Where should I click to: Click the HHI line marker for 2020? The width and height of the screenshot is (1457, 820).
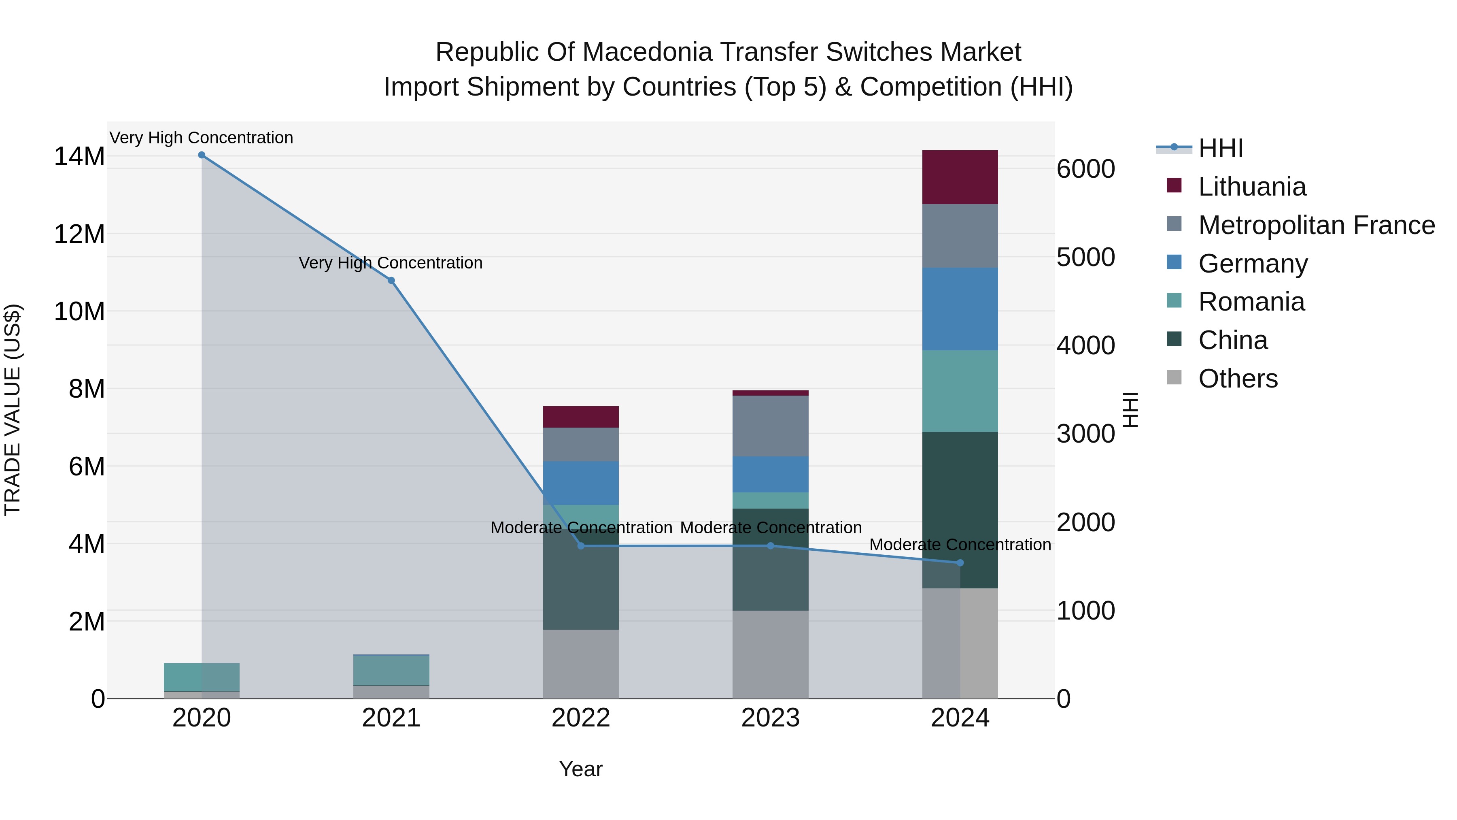(x=202, y=155)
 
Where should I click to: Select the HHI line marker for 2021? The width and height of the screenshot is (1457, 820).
(x=391, y=281)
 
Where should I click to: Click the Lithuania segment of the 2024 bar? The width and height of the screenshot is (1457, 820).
(x=960, y=177)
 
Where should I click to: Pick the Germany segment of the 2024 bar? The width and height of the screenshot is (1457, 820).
(x=960, y=309)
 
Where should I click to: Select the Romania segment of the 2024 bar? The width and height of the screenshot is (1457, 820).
(x=960, y=391)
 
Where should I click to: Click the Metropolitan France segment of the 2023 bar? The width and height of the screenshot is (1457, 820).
(x=770, y=426)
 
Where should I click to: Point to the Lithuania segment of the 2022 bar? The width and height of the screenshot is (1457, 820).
(x=580, y=417)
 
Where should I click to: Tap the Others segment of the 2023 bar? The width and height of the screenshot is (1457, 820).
(x=770, y=654)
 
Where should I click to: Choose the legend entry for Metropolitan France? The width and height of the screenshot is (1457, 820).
(x=1316, y=225)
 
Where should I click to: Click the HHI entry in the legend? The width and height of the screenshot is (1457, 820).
(x=1220, y=148)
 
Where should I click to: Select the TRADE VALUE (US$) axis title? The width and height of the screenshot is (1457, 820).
(x=13, y=410)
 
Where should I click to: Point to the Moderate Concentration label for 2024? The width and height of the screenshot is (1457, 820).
(x=960, y=545)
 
